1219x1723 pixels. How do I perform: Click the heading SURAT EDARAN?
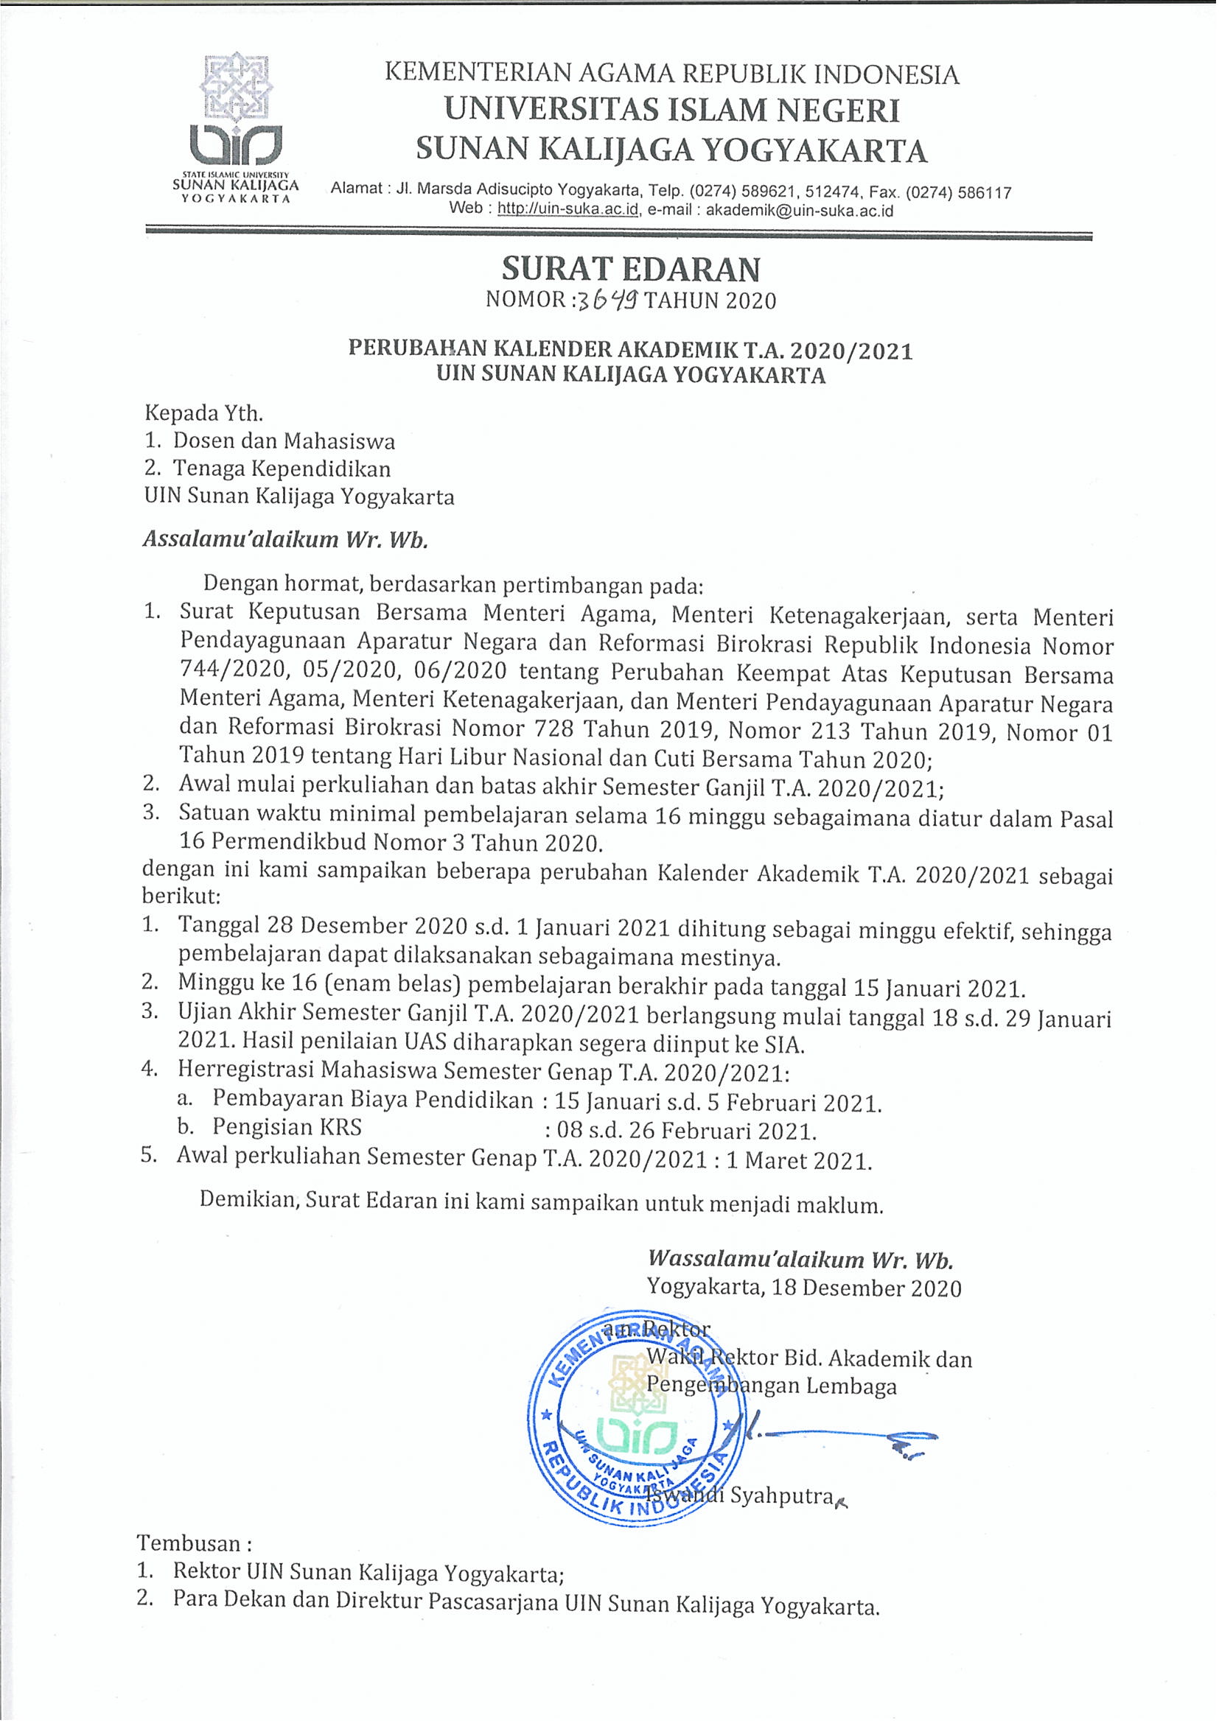click(x=632, y=269)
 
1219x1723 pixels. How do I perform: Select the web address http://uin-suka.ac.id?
click(x=567, y=210)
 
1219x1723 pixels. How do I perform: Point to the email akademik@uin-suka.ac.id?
click(x=800, y=211)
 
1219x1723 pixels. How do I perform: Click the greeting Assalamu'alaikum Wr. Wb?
click(x=285, y=539)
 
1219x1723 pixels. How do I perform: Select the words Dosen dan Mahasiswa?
click(x=284, y=441)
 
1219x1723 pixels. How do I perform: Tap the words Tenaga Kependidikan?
click(x=282, y=469)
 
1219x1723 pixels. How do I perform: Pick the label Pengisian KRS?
click(x=287, y=1127)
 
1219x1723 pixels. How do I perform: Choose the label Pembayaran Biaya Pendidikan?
click(x=372, y=1099)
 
